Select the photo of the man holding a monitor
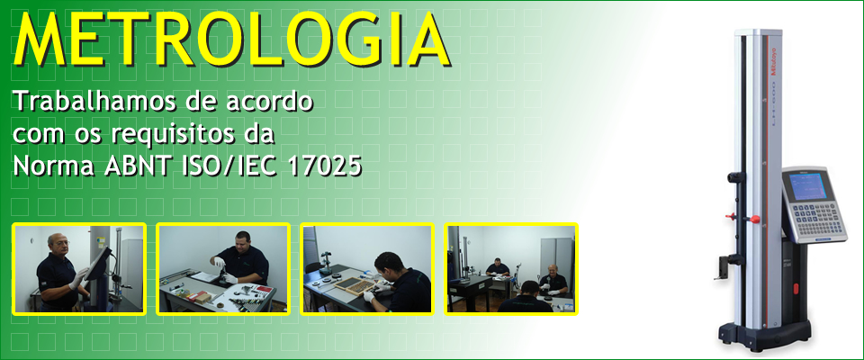point(79,269)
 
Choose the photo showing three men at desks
point(511,269)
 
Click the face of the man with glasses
point(57,244)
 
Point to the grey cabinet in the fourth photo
point(556,260)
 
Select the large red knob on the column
point(754,220)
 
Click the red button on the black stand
point(795,289)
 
